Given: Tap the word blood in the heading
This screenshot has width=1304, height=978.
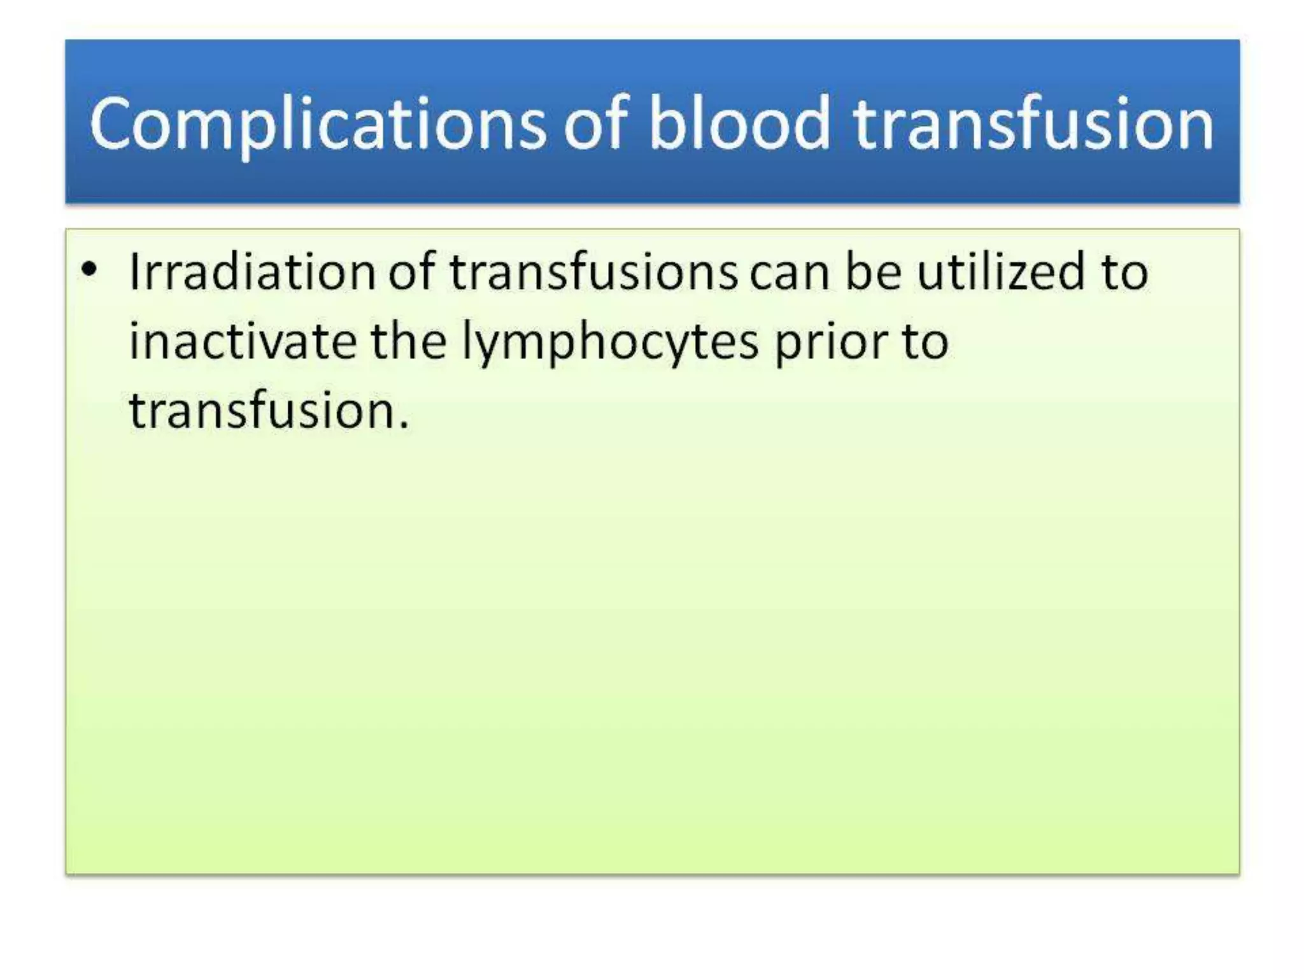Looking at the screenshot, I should coord(739,124).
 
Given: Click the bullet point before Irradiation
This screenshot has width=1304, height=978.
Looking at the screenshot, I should coord(90,270).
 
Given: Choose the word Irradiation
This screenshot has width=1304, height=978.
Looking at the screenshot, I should coord(251,273).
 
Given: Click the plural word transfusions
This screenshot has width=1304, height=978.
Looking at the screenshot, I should coord(593,273).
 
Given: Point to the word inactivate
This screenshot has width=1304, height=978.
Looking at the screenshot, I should coord(243,342).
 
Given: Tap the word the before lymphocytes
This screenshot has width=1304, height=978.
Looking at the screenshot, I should coord(408,342).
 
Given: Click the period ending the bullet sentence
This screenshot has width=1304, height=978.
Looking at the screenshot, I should coord(404,426).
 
